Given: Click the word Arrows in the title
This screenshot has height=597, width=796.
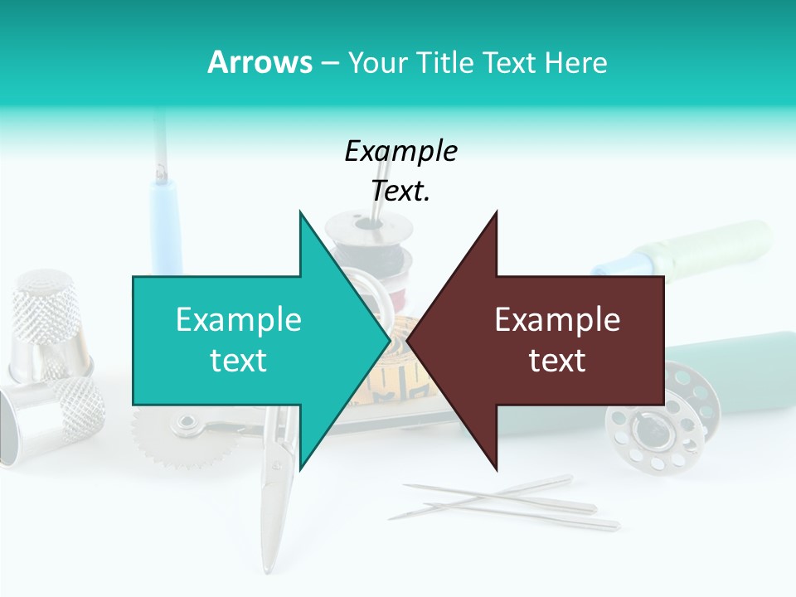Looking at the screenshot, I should (x=260, y=62).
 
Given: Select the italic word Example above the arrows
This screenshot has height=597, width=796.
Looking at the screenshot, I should (x=400, y=152).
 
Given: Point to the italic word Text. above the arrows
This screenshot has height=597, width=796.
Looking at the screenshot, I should (x=400, y=191).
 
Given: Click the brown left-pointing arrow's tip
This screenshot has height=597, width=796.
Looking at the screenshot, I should (x=409, y=340).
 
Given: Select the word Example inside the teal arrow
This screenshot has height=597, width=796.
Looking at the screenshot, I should (x=239, y=320).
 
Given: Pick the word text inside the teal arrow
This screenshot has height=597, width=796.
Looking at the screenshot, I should (x=239, y=361).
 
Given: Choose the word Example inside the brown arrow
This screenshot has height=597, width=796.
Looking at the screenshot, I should (x=557, y=320).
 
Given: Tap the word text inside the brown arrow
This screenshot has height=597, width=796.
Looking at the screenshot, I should (x=557, y=361).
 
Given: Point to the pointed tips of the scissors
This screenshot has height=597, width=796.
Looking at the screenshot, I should (x=268, y=564).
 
